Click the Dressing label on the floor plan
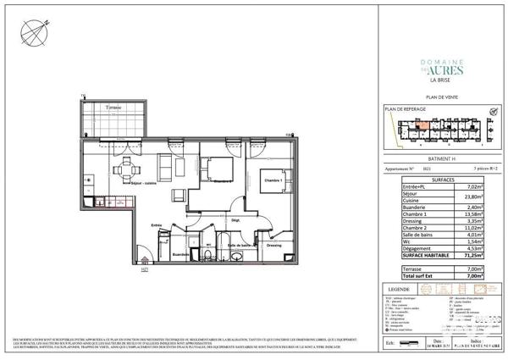pos(273,245)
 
